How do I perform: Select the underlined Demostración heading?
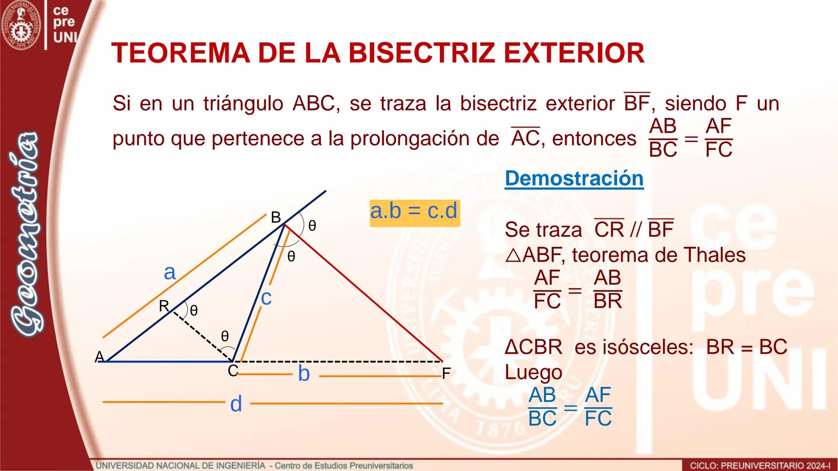click(x=574, y=179)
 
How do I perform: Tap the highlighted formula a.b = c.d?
click(x=414, y=212)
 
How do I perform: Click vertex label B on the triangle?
click(x=276, y=217)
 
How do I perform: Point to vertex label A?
click(x=99, y=357)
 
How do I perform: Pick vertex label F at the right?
click(x=446, y=374)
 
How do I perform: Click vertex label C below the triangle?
click(x=233, y=371)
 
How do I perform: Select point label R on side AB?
click(x=164, y=306)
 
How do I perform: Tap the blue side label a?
click(x=169, y=273)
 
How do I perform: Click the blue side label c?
click(x=266, y=298)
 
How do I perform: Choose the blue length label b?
click(x=304, y=374)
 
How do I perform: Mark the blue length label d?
click(x=236, y=404)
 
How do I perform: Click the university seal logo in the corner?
click(x=21, y=25)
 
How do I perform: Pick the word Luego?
click(x=533, y=372)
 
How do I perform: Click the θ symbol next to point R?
click(x=194, y=311)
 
